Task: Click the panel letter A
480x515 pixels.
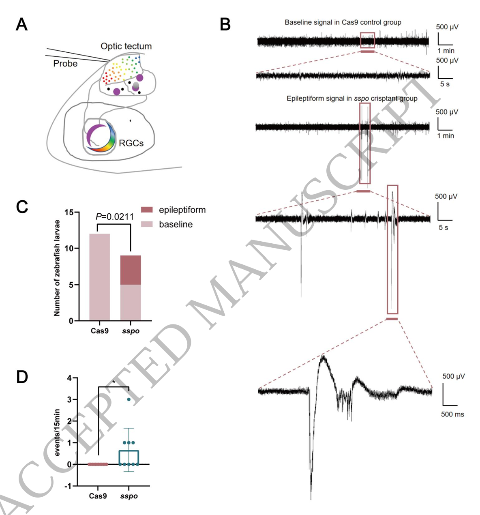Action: click(x=21, y=25)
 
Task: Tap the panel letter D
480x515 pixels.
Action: click(x=22, y=377)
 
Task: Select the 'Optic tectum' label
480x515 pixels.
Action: click(x=126, y=46)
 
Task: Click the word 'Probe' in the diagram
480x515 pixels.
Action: click(x=65, y=64)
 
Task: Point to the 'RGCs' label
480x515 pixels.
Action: click(x=131, y=143)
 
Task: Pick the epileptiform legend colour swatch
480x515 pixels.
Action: click(x=147, y=210)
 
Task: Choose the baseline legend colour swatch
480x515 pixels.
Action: click(x=147, y=224)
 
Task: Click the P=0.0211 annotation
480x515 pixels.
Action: click(x=115, y=217)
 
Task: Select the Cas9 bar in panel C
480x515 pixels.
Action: click(x=99, y=277)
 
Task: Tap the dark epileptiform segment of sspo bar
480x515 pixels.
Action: click(x=131, y=270)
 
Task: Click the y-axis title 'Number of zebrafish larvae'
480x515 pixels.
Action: click(x=57, y=268)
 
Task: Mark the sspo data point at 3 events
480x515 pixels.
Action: click(x=129, y=399)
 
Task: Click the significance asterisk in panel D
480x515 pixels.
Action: click(x=114, y=382)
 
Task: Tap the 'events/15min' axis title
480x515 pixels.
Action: click(x=57, y=432)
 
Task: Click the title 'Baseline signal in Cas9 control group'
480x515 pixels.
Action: click(x=343, y=22)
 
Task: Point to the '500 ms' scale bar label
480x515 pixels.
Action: click(x=452, y=414)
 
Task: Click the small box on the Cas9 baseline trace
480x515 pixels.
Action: click(x=367, y=40)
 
